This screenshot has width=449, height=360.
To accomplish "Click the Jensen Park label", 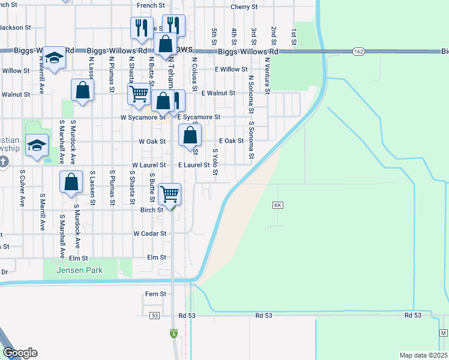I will click(79, 270).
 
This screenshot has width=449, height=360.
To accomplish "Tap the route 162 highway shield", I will click(358, 52).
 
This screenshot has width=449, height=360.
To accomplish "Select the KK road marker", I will click(277, 205).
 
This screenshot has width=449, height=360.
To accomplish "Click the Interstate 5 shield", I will click(173, 333).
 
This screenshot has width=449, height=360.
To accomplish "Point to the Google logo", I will click(20, 352).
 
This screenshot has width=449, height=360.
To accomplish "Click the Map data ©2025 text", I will click(423, 355).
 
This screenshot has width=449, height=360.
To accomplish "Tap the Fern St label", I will click(155, 294).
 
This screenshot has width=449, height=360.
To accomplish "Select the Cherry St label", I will click(244, 7).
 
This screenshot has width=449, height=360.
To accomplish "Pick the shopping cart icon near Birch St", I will click(170, 194).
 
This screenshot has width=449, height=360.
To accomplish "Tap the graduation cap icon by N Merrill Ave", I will click(54, 58).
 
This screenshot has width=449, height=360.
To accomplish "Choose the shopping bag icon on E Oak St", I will click(190, 135).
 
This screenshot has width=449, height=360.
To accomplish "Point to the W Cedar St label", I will click(149, 233).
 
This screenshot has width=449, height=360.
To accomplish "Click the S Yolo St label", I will click(214, 163).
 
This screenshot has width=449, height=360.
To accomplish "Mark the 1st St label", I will click(294, 36).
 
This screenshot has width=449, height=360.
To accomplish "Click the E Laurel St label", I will click(193, 164).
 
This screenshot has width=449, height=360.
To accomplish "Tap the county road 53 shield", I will click(155, 315).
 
